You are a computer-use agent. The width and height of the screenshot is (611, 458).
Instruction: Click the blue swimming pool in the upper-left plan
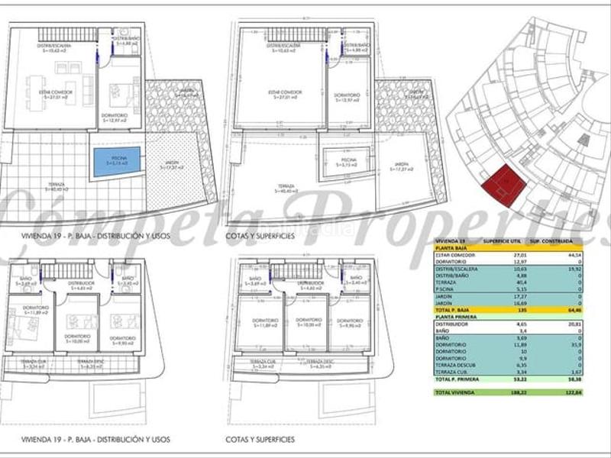tap(117, 161)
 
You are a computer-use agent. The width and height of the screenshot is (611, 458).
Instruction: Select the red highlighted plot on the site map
tap(506, 185)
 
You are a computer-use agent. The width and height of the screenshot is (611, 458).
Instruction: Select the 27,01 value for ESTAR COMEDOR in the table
tap(519, 256)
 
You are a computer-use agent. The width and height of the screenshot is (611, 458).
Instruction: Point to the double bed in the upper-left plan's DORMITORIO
tap(118, 93)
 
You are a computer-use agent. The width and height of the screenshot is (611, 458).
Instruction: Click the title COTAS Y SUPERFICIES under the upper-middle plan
tap(260, 236)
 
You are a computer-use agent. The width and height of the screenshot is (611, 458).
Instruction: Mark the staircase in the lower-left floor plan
tap(76, 271)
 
